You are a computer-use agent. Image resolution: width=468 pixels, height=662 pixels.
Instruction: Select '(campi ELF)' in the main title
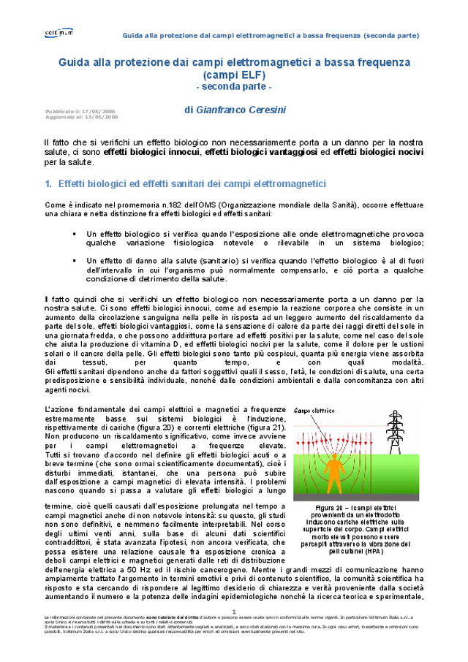click(x=234, y=75)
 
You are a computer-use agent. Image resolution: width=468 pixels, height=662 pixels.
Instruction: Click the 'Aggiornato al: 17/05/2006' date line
click(x=81, y=117)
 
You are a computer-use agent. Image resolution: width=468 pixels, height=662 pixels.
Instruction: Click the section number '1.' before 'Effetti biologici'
click(x=48, y=183)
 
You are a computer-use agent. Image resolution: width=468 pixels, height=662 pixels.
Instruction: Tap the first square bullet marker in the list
click(x=74, y=234)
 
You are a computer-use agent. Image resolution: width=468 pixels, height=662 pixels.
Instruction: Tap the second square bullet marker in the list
click(x=74, y=260)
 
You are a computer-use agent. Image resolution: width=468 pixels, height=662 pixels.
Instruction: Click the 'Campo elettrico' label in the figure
click(x=313, y=411)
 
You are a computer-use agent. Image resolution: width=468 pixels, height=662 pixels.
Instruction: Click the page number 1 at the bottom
click(x=234, y=611)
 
